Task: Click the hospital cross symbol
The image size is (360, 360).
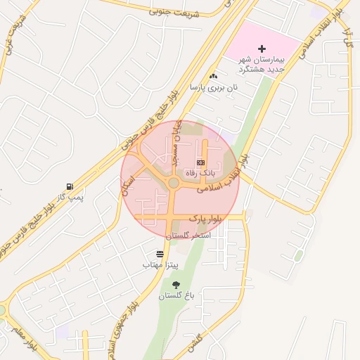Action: click(262, 49)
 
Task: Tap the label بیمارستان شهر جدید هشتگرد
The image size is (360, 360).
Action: click(262, 64)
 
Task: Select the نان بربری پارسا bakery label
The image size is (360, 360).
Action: click(214, 87)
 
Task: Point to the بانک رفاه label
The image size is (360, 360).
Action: click(200, 172)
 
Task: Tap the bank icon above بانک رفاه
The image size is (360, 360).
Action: click(200, 162)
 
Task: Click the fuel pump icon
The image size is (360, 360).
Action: click(69, 186)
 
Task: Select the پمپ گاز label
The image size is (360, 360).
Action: click(70, 198)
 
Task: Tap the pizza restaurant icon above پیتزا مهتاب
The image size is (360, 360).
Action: click(160, 254)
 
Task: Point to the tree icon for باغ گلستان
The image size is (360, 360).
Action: click(175, 284)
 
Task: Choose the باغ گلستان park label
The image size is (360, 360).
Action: click(175, 295)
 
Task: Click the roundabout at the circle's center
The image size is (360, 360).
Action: click(174, 184)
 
